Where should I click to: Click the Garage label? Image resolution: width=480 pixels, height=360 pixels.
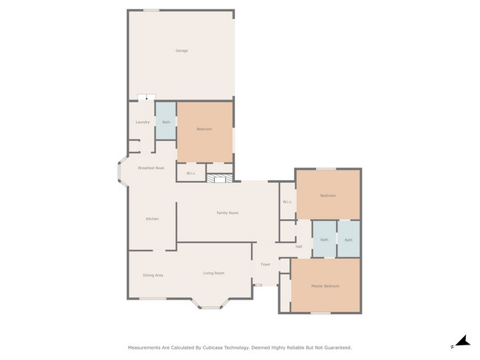[x=181, y=51]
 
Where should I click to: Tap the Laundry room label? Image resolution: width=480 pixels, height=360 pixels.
[x=143, y=122]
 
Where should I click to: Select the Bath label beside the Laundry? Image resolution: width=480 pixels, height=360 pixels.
[x=166, y=122]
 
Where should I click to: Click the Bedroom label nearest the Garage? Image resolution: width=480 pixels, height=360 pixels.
[x=204, y=130]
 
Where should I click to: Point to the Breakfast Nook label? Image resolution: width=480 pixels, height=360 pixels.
[x=151, y=168]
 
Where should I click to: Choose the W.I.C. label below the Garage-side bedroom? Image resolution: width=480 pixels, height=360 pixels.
[x=191, y=174]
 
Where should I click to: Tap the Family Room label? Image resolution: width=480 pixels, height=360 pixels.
[x=227, y=213]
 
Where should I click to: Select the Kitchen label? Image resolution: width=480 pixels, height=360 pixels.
[x=152, y=219]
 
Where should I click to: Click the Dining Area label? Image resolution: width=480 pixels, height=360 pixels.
[x=153, y=275]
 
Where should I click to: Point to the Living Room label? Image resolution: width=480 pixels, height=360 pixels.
[x=213, y=274]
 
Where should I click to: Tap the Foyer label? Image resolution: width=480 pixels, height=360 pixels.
[x=265, y=264]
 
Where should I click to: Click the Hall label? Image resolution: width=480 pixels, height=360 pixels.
[x=299, y=246]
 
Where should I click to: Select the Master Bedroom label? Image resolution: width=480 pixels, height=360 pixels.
[x=326, y=286]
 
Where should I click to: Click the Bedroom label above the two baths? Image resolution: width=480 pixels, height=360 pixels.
[x=327, y=195]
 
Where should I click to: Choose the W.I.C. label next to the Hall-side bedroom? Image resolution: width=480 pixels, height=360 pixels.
[x=287, y=203]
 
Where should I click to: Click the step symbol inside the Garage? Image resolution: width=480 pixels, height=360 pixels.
[x=146, y=97]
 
